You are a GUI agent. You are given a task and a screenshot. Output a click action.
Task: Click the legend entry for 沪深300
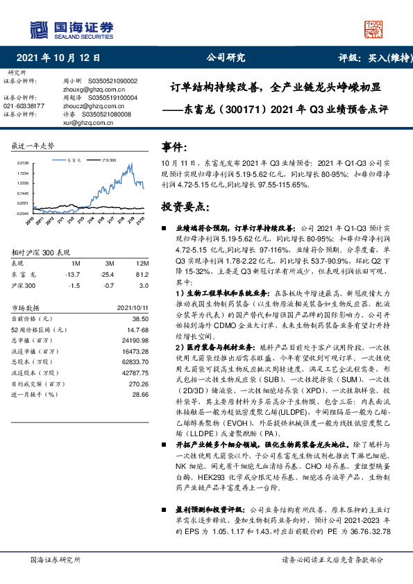pyautogui.click(x=107, y=160)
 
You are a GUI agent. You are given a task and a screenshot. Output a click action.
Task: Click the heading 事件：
pyautogui.click(x=175, y=148)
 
